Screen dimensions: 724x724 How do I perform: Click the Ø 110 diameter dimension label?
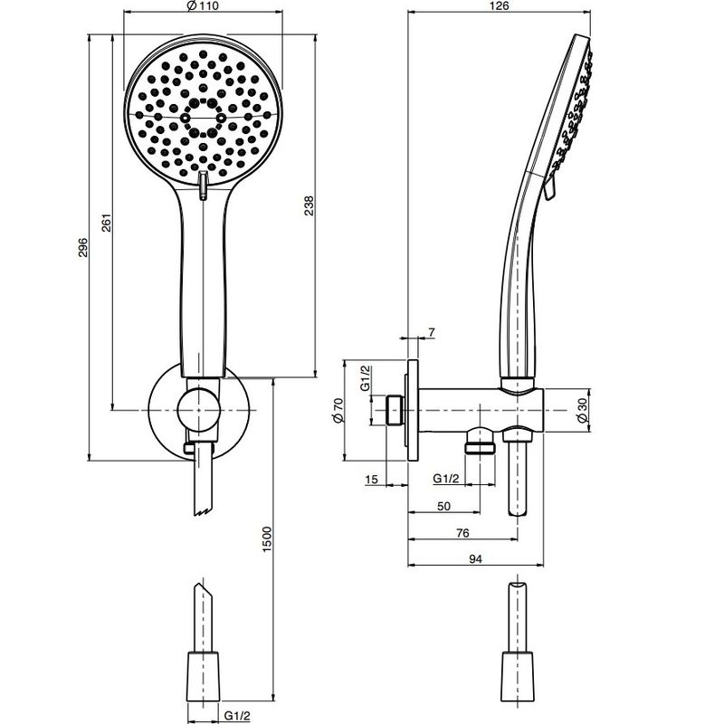[x=203, y=5]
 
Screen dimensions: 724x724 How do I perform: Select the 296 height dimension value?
[x=82, y=247]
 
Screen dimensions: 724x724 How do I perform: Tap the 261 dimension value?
[x=106, y=223]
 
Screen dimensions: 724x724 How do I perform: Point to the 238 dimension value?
[x=309, y=205]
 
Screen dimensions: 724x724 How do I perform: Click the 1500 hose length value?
[x=267, y=538]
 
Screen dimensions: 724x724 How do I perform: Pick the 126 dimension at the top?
[x=499, y=5]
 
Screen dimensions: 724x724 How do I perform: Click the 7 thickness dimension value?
[x=432, y=332]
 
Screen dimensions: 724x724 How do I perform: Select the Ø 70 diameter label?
[x=338, y=410]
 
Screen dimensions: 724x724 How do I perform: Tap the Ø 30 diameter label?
[x=582, y=410]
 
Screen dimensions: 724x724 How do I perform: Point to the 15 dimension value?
[x=371, y=480]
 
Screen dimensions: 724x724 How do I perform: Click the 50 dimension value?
[x=443, y=506]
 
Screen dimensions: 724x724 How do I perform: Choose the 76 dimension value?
[x=462, y=533]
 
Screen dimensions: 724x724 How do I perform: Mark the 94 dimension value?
[x=476, y=558]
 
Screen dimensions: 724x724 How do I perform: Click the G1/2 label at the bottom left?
[x=237, y=716]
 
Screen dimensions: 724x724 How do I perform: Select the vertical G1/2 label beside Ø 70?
[x=366, y=378]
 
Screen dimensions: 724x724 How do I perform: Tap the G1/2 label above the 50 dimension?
[x=446, y=479]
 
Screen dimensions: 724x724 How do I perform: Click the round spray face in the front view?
[x=203, y=114]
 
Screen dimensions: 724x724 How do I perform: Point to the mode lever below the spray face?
[x=203, y=186]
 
